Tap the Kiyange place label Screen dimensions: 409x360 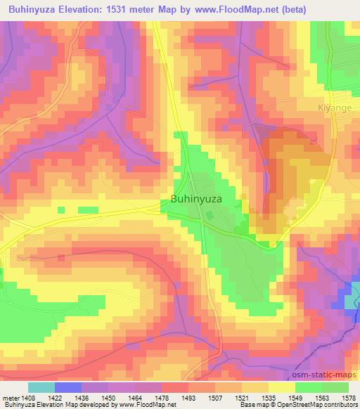pos(330,110)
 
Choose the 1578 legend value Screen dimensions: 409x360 pos(349,397)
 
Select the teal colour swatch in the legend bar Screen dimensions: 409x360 pos(41,387)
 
